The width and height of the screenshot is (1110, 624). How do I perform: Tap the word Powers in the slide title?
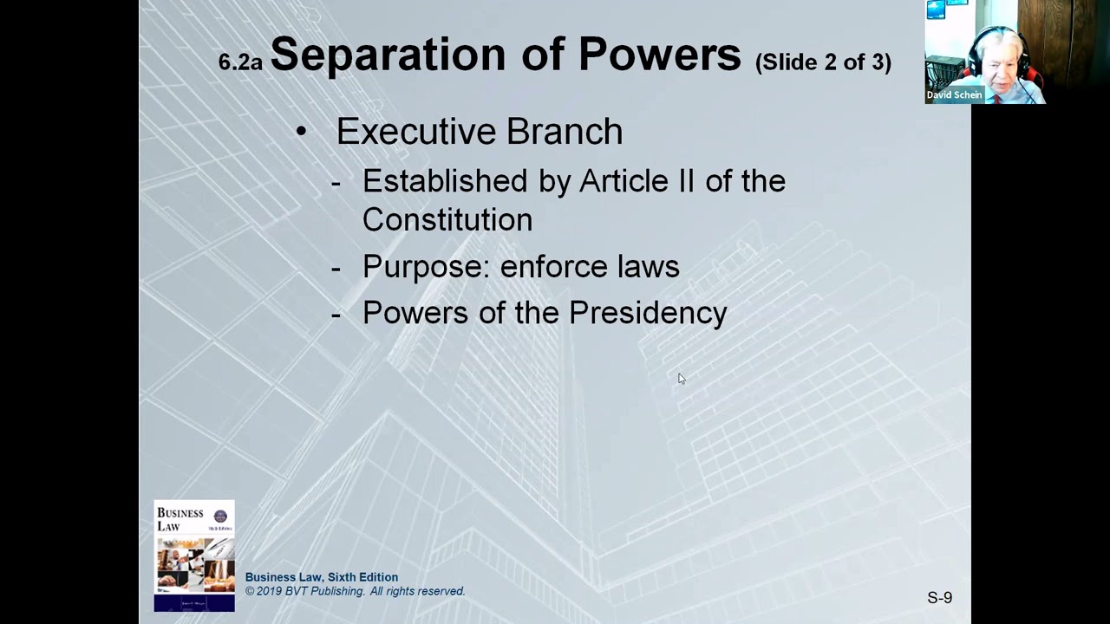pos(659,55)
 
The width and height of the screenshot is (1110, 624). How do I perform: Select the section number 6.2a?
pos(239,62)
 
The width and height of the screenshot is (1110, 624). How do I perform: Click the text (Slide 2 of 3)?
pos(823,62)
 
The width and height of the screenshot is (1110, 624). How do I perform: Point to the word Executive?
pos(415,132)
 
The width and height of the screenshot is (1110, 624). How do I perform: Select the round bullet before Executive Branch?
pos(301,132)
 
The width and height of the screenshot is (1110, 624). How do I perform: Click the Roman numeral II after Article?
pos(684,181)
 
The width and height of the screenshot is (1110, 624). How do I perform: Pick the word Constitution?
pos(447,220)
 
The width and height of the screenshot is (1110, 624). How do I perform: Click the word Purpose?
pos(425,267)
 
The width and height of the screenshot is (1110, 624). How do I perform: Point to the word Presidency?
pos(648,313)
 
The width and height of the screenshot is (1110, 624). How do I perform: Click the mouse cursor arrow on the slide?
pos(681,378)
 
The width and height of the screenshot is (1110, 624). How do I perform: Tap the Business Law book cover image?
pos(194,556)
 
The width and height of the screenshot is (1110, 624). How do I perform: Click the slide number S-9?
pos(939,597)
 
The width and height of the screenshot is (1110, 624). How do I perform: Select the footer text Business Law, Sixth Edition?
pos(321,577)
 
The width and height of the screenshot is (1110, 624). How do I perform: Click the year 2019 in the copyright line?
pos(273,591)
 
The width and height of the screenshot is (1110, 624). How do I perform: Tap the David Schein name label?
pos(954,95)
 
